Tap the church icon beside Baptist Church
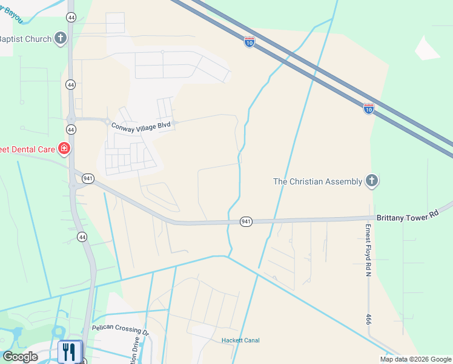(x=60, y=39)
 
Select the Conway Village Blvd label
(x=141, y=125)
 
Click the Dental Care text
(x=27, y=148)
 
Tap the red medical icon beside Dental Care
(x=64, y=148)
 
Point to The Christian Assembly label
(x=318, y=181)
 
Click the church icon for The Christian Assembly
(x=372, y=181)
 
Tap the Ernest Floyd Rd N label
(x=368, y=250)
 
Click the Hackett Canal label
(x=240, y=340)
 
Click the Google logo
(x=19, y=357)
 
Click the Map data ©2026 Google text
(x=416, y=359)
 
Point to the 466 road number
(x=368, y=319)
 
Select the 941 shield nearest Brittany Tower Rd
(x=245, y=222)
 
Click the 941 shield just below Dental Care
(x=88, y=178)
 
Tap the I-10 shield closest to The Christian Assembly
(x=368, y=109)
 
